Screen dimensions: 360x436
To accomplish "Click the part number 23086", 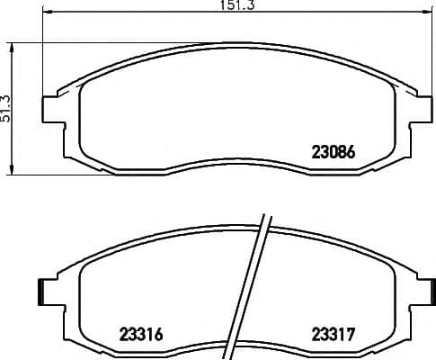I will click(334, 153).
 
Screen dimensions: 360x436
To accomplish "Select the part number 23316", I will click(141, 334).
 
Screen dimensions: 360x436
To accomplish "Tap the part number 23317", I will click(333, 334).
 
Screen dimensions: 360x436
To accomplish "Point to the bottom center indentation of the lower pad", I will click(236, 346).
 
